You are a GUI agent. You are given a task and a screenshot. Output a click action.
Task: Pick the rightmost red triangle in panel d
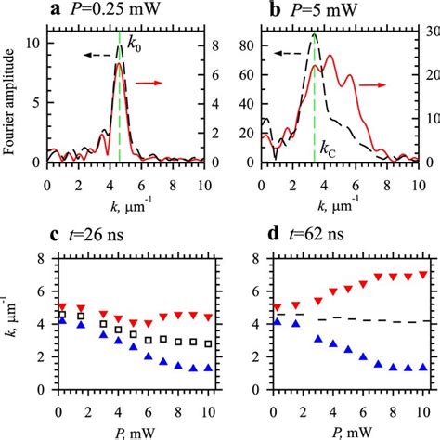[x=421, y=275]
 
